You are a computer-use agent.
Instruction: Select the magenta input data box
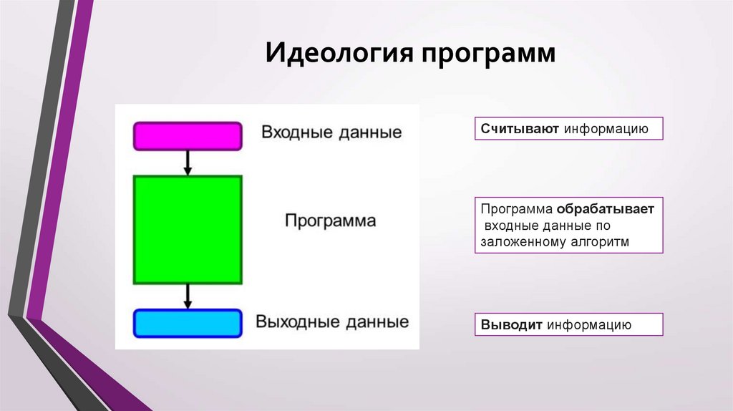tap(188, 136)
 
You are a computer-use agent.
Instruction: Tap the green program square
tap(188, 230)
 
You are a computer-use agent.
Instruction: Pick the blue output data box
tap(188, 323)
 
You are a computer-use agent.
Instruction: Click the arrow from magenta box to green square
tap(188, 163)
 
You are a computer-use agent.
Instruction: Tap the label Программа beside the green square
tap(330, 221)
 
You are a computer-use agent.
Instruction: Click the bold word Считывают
tap(520, 130)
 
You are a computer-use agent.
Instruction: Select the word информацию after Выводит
tap(589, 325)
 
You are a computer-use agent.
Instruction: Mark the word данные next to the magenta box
tap(369, 133)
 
